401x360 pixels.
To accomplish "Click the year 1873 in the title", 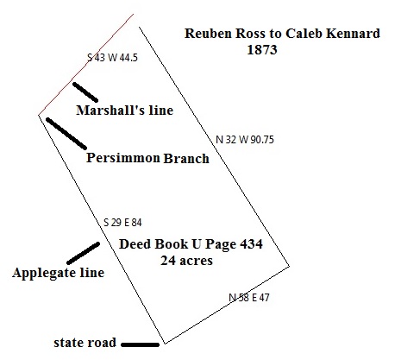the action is [x=262, y=49].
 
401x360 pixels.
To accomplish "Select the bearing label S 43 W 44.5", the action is [x=113, y=58].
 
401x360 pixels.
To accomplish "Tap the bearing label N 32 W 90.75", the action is [x=245, y=140].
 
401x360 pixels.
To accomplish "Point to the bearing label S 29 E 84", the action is [x=122, y=223].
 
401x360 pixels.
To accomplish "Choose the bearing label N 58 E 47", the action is [x=249, y=297].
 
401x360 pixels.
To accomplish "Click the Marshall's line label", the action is [x=125, y=111].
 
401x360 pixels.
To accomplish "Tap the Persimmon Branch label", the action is [x=147, y=158].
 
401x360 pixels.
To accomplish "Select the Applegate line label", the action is [x=58, y=273].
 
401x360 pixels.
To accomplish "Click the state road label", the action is [x=85, y=343].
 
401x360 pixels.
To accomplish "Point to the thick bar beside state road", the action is [x=141, y=344].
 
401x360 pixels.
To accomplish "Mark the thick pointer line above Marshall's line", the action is [x=85, y=92].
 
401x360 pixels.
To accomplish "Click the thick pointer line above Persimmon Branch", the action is [x=66, y=134].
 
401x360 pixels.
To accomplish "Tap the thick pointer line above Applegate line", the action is [x=83, y=253].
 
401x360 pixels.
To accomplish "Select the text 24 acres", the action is [x=187, y=261].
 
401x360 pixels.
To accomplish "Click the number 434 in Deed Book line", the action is [x=251, y=244].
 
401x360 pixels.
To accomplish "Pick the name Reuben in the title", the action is [x=208, y=34].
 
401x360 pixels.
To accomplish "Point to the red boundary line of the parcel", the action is [x=86, y=65].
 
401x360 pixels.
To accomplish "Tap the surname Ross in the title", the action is [x=250, y=34].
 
